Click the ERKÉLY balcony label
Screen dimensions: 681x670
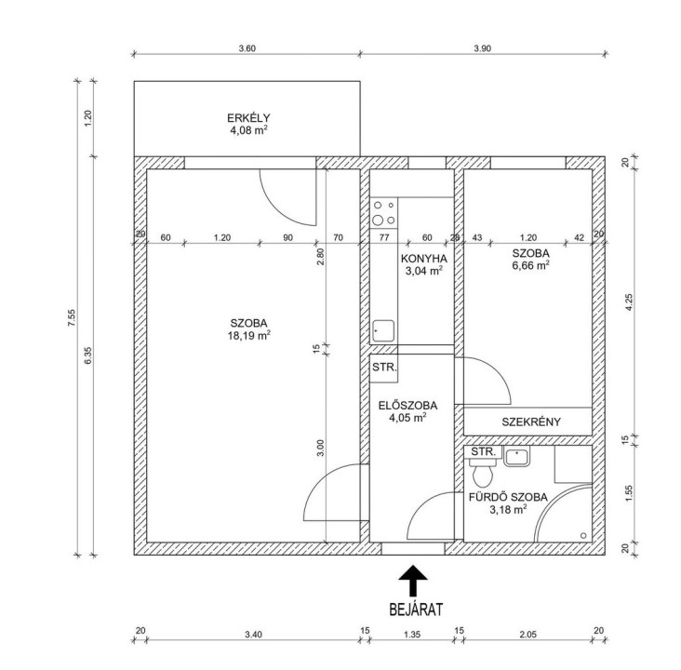click(248, 118)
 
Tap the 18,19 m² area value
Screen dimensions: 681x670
click(248, 335)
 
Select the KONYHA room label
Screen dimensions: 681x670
click(423, 259)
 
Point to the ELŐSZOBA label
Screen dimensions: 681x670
click(407, 406)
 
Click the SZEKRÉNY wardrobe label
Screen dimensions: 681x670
click(531, 422)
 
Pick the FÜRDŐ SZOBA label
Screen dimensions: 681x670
click(508, 497)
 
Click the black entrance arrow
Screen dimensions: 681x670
click(413, 580)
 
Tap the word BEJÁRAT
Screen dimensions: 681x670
click(416, 610)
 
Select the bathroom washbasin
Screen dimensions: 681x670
click(516, 457)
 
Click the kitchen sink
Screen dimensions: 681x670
click(383, 331)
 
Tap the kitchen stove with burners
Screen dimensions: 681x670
click(384, 213)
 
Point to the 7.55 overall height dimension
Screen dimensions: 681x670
click(72, 318)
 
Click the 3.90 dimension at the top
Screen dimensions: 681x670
click(483, 48)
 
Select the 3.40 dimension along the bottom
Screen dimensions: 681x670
click(253, 635)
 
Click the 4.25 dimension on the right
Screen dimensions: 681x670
click(629, 302)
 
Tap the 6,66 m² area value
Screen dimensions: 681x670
click(530, 265)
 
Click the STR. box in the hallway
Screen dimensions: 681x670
click(384, 368)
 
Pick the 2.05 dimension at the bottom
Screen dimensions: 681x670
click(528, 635)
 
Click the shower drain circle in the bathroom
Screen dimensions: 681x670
click(583, 535)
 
